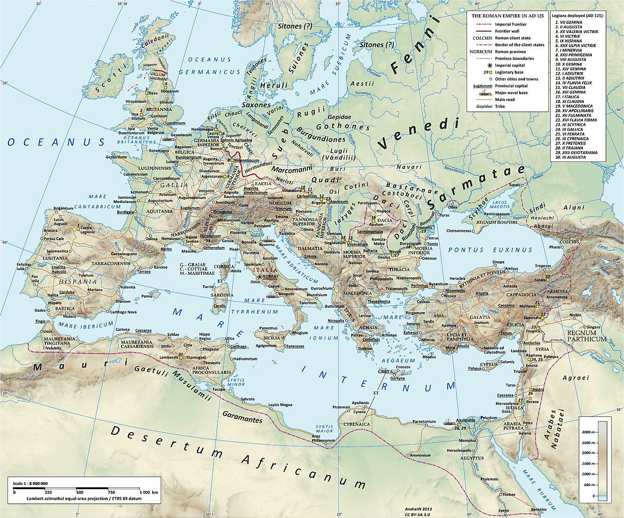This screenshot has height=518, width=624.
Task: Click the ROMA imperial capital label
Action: [x=269, y=276]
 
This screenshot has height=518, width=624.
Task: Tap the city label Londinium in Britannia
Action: [x=175, y=123]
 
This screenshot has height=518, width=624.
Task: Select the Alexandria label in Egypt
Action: [x=466, y=420]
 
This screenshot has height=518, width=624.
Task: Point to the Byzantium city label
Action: [x=438, y=284]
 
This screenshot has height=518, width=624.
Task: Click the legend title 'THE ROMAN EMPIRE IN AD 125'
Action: [x=507, y=16]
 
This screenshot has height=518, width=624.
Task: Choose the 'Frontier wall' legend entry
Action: [x=507, y=31]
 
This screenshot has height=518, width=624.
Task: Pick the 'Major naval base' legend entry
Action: [x=511, y=93]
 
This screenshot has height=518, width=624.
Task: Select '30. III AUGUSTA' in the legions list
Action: [x=570, y=157]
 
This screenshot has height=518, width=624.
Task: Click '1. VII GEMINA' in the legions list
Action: [x=569, y=22]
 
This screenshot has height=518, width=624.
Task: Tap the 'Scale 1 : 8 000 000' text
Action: [x=30, y=484]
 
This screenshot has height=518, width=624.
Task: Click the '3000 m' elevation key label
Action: [x=588, y=432]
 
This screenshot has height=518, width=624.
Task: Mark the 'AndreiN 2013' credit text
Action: [x=418, y=510]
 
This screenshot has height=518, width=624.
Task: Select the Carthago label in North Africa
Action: [x=238, y=346]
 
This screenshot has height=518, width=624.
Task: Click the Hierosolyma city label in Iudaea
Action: [x=507, y=404]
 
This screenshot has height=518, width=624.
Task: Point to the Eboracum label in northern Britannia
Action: [x=170, y=91]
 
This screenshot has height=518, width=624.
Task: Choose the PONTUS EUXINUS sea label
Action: [x=490, y=250]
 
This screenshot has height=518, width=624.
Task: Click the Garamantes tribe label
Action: [x=242, y=418]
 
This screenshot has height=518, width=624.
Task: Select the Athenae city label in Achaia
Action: [x=389, y=335]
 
